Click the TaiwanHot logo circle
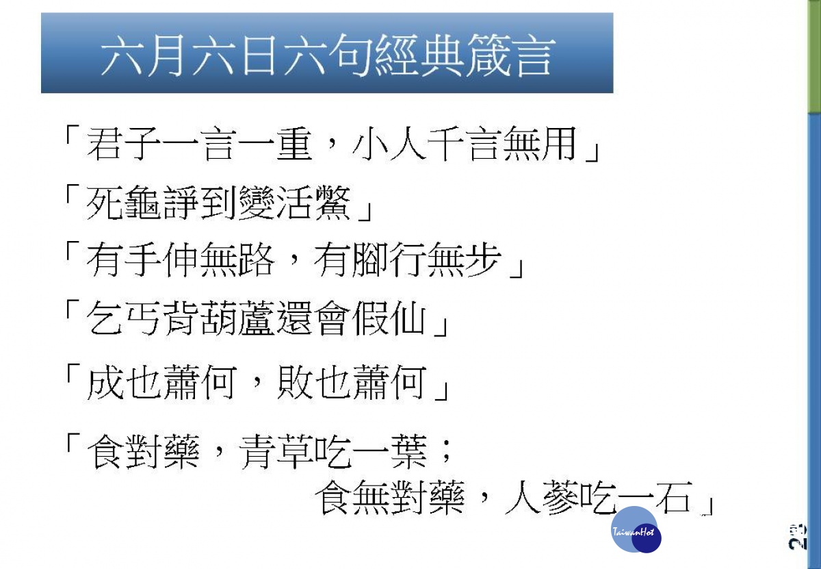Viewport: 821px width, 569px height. point(636,529)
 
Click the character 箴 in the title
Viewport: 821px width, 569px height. point(488,55)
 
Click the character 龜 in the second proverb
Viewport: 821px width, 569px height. point(142,202)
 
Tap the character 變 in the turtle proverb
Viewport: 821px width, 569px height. point(256,202)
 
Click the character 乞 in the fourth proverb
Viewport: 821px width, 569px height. point(104,318)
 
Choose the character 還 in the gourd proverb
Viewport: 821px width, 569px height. point(294,318)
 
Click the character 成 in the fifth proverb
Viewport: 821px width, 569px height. point(104,382)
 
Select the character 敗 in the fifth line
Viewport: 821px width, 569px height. point(294,382)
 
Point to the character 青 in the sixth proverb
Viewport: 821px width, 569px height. point(256,452)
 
